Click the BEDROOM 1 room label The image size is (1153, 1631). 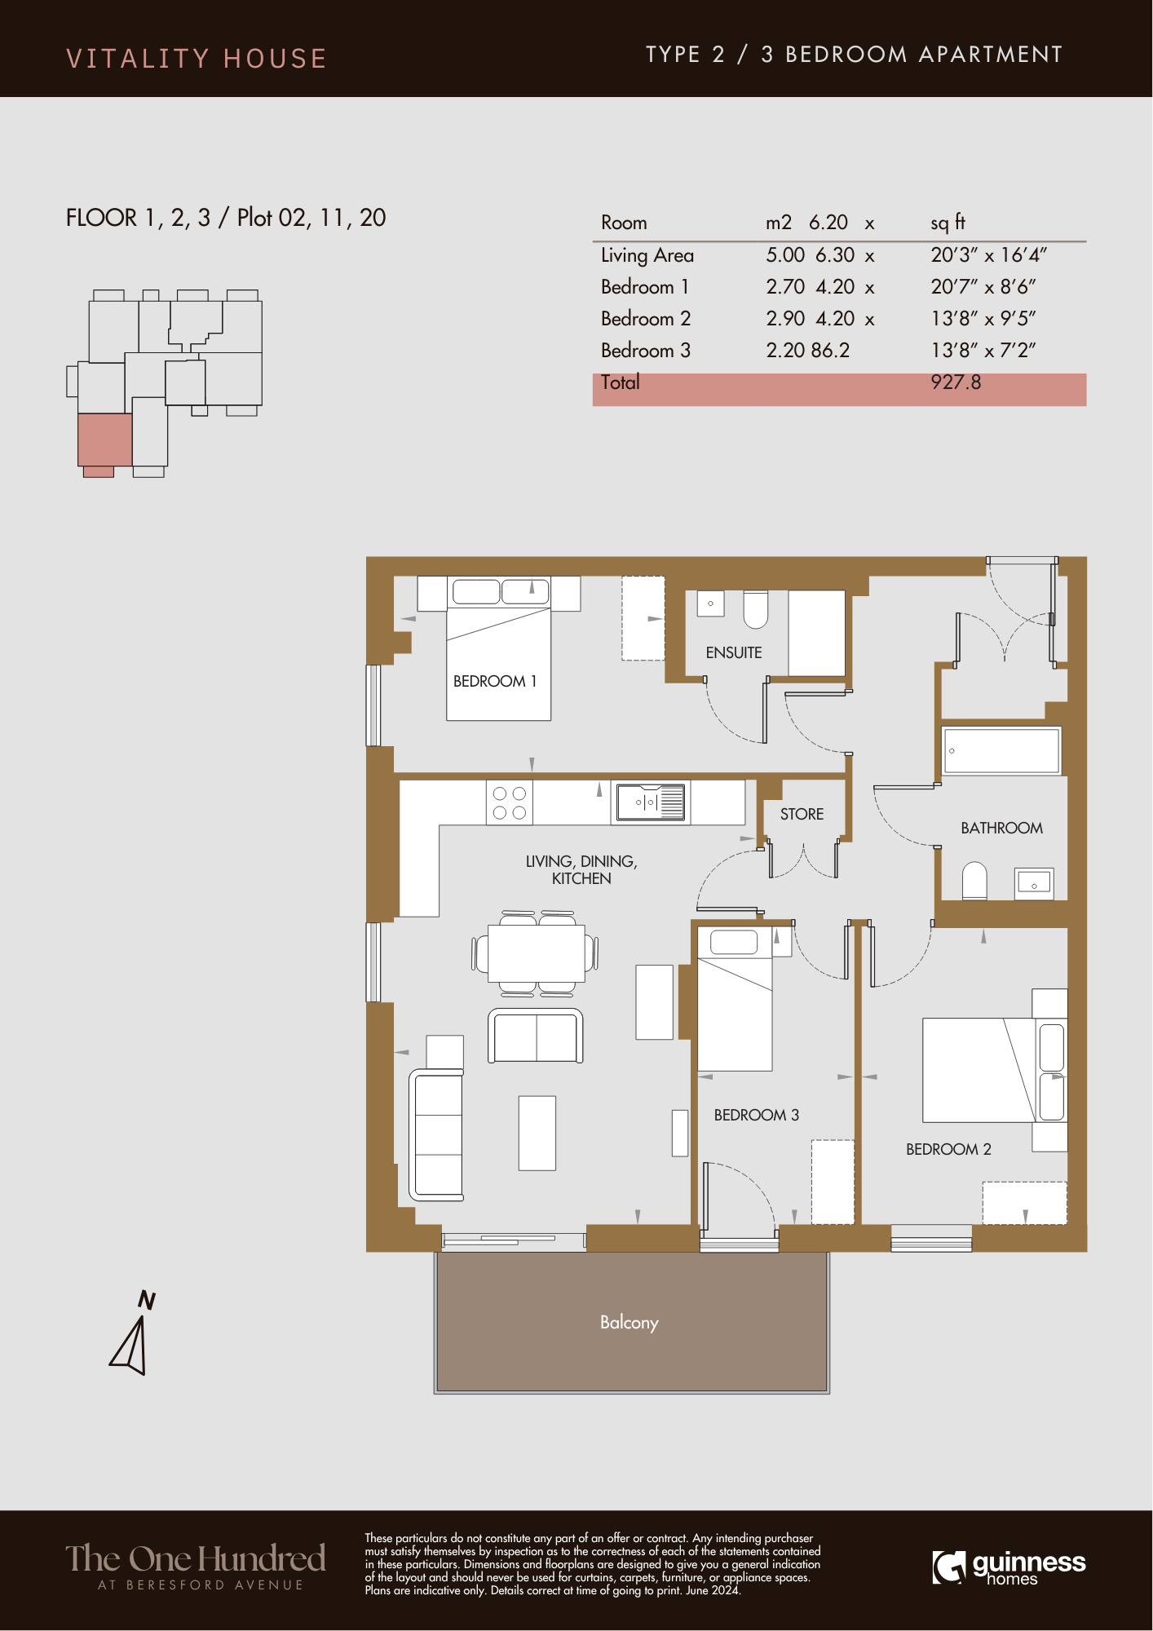pos(495,681)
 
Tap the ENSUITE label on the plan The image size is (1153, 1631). pos(734,652)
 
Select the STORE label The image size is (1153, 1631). pos(802,814)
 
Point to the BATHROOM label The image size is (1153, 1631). pos(1001,828)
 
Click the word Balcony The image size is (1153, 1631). pos(629,1322)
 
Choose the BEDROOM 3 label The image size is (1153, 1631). pos(756,1115)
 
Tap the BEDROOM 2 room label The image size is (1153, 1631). pos(948,1149)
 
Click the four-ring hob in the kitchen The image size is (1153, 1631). pos(510,802)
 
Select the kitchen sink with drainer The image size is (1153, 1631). pos(651,802)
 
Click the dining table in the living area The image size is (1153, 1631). pos(537,953)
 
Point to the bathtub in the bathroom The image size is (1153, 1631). pos(1001,750)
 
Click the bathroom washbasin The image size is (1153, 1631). pos(1034,883)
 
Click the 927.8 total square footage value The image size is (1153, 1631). pos(956,382)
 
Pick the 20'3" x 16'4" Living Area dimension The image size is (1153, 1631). pos(988,255)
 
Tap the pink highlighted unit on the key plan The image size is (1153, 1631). pos(104,440)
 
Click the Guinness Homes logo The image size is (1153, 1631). pos(1009,1567)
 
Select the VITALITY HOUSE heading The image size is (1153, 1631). pos(197,59)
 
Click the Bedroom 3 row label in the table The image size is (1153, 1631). pos(645,351)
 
